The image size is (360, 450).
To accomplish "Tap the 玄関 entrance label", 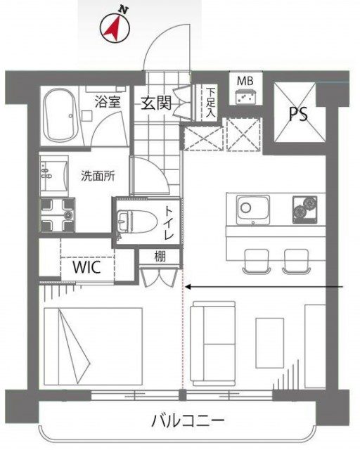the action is click(x=156, y=103).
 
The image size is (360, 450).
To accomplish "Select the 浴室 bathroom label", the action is click(x=108, y=101).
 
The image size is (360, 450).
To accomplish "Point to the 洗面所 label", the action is click(x=98, y=176).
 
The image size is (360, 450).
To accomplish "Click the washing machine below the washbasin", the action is click(x=58, y=214).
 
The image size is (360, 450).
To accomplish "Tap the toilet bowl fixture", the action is click(x=137, y=221).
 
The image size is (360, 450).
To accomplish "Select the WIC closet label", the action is click(x=87, y=267).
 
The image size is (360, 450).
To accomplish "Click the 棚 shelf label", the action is click(x=160, y=256).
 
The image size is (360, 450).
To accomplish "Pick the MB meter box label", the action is click(x=245, y=81).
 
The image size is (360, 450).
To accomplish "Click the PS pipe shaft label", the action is click(x=298, y=114).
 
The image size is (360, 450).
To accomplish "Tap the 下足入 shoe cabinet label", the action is click(x=211, y=102).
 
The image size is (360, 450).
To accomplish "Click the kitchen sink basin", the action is click(x=253, y=210).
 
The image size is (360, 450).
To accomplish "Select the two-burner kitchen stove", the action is click(x=305, y=210).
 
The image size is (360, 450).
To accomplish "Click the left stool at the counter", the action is click(x=257, y=262).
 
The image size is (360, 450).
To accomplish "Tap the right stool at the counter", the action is click(x=297, y=262).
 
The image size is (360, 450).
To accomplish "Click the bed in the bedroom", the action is click(x=94, y=347).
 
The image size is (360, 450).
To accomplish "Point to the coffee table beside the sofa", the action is click(x=269, y=342).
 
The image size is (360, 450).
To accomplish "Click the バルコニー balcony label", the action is click(x=188, y=421).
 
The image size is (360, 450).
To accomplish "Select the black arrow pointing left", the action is click(x=264, y=286).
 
